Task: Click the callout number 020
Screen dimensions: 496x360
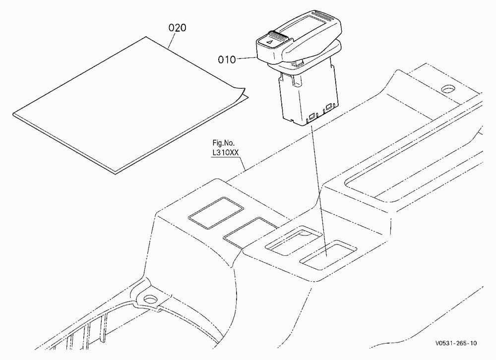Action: tap(177, 28)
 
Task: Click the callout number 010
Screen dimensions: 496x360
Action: tap(227, 60)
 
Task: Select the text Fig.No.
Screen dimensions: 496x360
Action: tap(224, 143)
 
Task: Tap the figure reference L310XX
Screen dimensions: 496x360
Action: tap(225, 153)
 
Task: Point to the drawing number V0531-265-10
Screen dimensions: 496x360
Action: tap(456, 343)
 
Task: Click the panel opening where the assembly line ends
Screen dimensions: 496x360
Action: tap(328, 255)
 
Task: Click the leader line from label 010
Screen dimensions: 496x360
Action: tap(247, 58)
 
